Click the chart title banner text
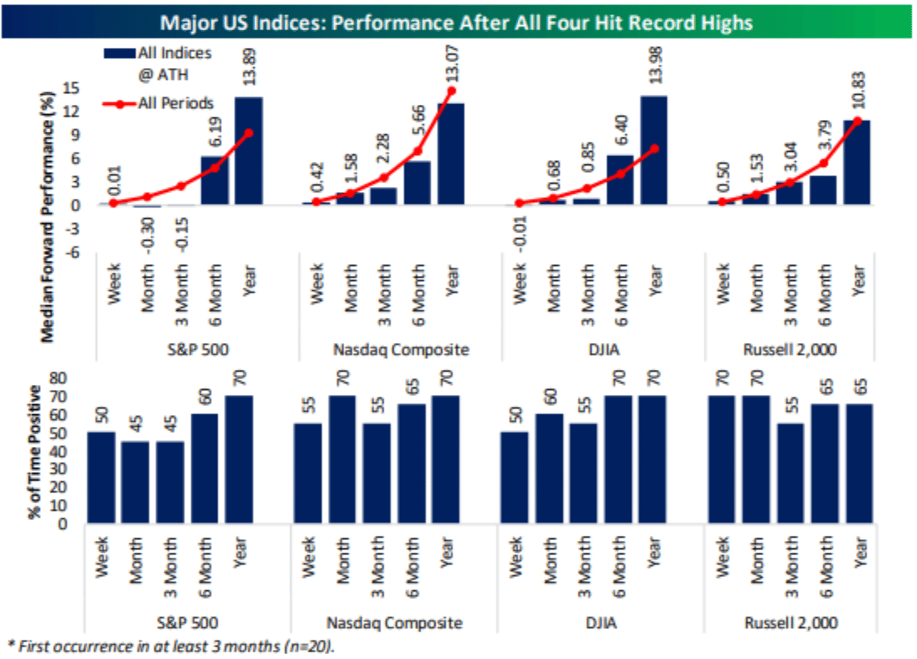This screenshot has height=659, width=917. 456,20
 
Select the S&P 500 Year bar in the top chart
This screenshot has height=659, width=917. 248,151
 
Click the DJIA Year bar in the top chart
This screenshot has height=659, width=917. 655,150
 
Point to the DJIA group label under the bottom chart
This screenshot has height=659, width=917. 600,622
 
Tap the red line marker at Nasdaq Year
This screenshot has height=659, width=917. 451,91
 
